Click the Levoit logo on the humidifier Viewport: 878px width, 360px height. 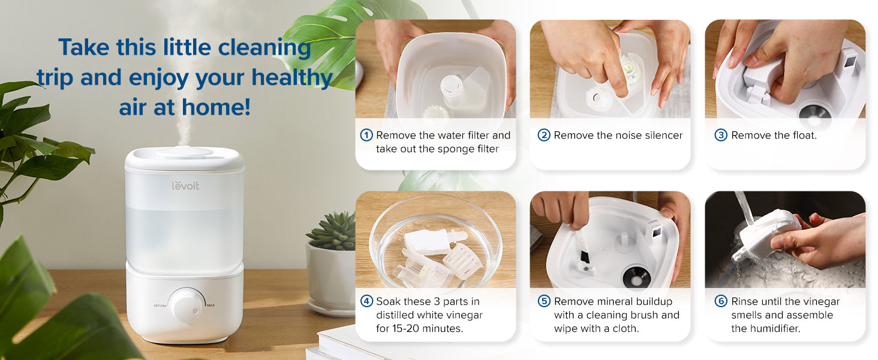185,185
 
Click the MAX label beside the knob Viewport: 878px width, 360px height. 211,305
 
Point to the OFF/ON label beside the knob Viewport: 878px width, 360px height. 160,305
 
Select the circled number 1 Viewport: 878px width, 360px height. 366,135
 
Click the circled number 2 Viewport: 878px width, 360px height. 544,135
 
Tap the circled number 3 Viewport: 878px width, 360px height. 721,135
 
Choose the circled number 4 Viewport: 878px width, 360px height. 366,301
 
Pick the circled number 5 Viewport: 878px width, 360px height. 544,301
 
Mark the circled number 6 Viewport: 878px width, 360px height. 721,301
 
